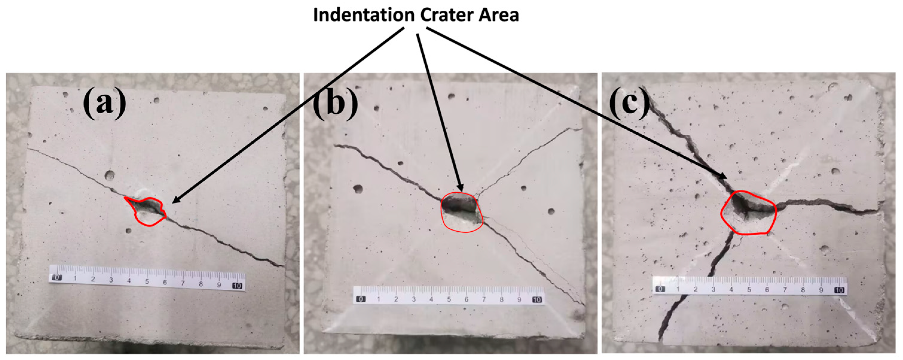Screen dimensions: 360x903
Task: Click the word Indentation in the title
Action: [x=363, y=16]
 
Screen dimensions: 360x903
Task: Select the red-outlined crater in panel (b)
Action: [x=461, y=212]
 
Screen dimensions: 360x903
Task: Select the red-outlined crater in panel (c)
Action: [x=749, y=213]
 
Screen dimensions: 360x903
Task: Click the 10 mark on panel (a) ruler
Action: [x=237, y=286]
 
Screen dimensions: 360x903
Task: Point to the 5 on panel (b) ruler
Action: [x=449, y=299]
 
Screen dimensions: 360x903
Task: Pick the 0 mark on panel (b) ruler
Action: [x=361, y=299]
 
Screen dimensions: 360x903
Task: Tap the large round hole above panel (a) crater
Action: [x=110, y=175]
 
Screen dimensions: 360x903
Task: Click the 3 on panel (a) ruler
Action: [x=111, y=280]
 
